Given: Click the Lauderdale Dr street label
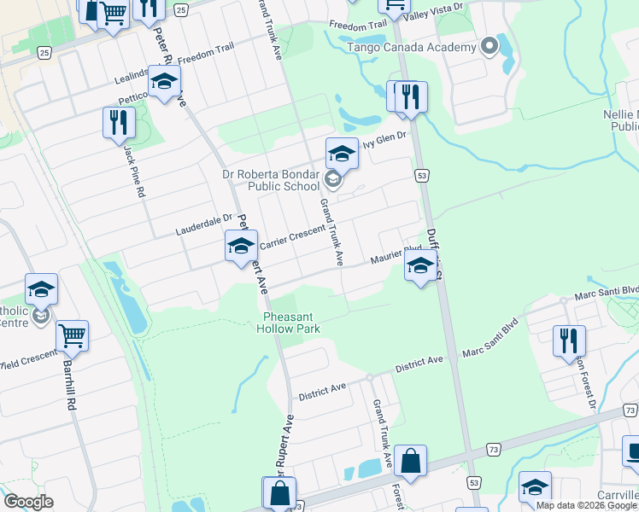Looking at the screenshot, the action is click(x=204, y=224).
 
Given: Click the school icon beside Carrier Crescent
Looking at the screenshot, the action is click(x=242, y=246).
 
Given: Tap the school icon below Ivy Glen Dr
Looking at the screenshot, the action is click(x=342, y=154).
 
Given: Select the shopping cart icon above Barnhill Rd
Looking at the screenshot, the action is click(x=73, y=335).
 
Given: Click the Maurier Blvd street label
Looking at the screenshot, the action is click(x=395, y=257).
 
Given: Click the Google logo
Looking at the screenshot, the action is click(x=28, y=502).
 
